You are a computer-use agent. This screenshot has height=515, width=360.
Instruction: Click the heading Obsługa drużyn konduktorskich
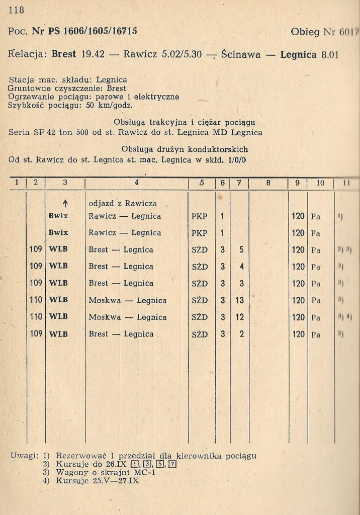point(185,149)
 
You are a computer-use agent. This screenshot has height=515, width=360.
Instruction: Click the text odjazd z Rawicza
point(123,203)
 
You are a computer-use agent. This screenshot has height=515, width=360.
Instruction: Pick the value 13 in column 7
point(239,300)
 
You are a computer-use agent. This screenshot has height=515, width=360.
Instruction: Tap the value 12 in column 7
point(239,317)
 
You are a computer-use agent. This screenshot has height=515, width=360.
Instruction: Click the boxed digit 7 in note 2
point(172,464)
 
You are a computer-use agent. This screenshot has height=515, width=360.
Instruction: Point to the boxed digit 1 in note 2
point(134,464)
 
